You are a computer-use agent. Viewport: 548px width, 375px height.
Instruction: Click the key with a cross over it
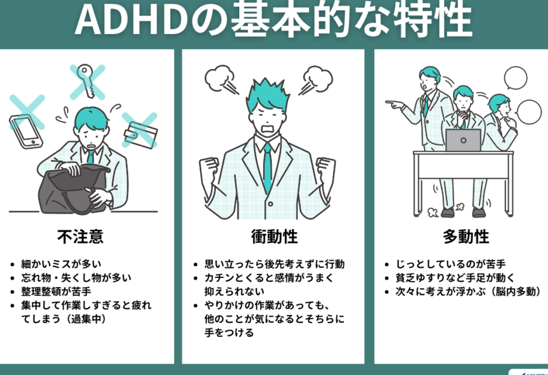click(86, 80)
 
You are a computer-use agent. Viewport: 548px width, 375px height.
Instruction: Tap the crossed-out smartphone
click(26, 132)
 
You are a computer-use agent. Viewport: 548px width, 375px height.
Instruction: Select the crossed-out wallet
click(141, 135)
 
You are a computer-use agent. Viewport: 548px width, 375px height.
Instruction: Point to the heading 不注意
click(80, 236)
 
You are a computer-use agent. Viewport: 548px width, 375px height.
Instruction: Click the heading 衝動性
click(274, 236)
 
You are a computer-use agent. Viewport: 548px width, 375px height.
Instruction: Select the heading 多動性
click(466, 236)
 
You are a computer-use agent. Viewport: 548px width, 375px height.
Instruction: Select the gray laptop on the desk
click(463, 140)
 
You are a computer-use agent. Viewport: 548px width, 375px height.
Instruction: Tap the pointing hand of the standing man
click(394, 104)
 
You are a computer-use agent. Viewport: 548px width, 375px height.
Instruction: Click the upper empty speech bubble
click(515, 79)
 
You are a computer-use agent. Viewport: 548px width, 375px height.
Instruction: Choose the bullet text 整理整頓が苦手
click(56, 292)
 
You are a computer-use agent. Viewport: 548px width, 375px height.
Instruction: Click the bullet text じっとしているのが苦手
click(450, 264)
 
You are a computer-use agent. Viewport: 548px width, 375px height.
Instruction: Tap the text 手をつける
click(229, 332)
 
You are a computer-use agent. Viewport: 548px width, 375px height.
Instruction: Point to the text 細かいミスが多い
click(61, 264)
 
